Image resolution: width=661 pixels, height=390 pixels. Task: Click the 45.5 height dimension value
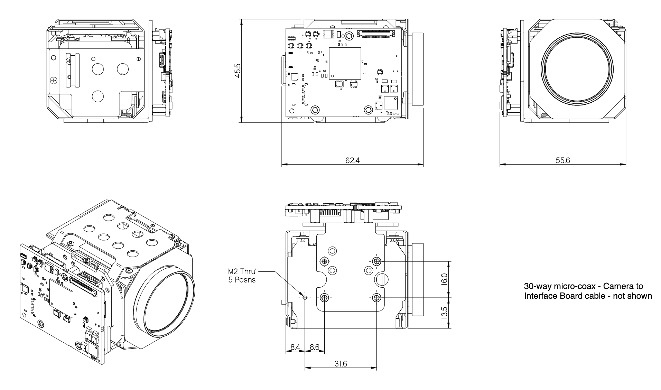point(238,71)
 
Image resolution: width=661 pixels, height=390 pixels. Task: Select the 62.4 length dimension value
point(352,160)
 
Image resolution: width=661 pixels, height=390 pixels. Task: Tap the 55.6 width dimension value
point(562,160)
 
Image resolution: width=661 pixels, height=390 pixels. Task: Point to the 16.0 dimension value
point(445,279)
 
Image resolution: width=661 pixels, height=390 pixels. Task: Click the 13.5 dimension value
point(445,313)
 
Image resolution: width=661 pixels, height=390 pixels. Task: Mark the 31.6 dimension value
point(341,364)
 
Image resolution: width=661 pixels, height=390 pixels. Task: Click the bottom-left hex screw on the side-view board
point(315,110)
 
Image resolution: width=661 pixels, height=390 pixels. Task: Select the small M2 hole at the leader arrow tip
point(305,297)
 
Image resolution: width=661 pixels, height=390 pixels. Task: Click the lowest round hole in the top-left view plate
point(97,96)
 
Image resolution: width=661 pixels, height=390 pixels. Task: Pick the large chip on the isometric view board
point(62,297)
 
